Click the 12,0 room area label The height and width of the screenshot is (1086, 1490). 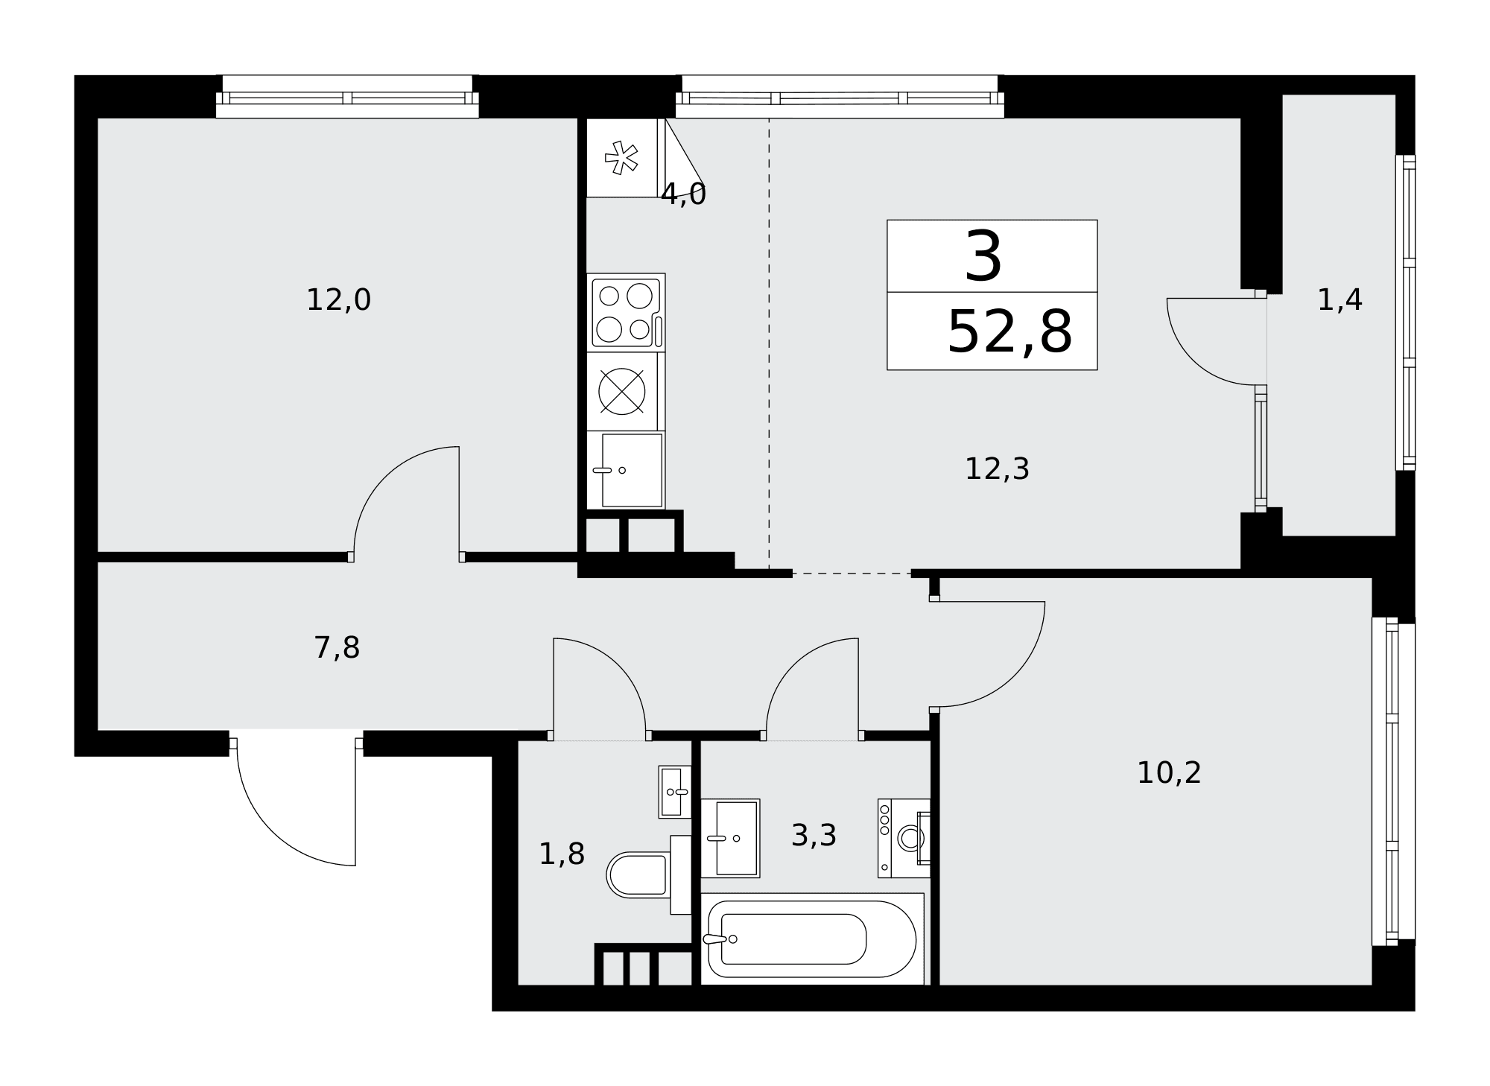tap(338, 300)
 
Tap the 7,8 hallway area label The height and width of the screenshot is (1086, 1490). tap(337, 648)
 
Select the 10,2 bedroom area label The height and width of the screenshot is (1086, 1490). tap(1169, 773)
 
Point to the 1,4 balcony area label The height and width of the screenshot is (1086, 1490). tap(1340, 300)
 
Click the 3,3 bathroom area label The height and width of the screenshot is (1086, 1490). tap(814, 836)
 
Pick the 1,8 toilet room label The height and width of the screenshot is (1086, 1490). tap(561, 854)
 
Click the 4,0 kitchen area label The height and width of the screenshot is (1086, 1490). tap(683, 194)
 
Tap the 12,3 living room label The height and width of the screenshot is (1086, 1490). tap(997, 469)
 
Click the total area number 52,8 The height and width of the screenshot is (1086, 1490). tap(1009, 332)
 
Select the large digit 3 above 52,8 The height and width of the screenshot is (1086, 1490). tap(983, 256)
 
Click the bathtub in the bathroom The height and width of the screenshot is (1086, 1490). tap(812, 939)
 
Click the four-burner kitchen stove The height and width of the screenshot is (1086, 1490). tap(626, 313)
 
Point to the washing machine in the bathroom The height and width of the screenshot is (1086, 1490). tap(904, 838)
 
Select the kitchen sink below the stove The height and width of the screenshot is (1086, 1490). tap(626, 470)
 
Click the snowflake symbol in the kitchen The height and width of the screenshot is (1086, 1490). tap(621, 157)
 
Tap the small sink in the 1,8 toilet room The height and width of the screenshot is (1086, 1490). tap(675, 792)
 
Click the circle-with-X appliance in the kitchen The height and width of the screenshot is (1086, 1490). tap(622, 392)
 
